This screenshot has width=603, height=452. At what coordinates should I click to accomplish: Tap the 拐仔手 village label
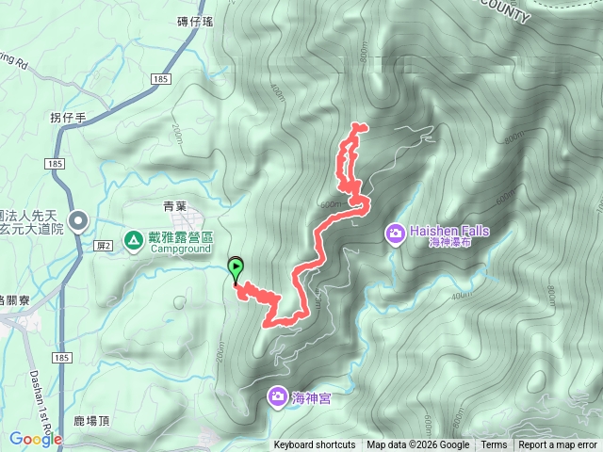(68, 118)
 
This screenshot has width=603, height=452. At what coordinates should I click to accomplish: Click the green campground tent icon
(134, 241)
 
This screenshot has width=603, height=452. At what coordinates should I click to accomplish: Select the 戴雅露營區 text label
(182, 238)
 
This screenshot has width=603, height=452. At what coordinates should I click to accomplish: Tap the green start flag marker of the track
(235, 267)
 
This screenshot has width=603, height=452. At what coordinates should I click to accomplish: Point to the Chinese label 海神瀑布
(449, 243)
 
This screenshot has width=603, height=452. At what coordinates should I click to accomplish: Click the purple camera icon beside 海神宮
(278, 396)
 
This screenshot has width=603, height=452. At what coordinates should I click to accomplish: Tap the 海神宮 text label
(311, 397)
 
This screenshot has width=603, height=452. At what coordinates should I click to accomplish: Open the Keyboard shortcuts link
(315, 445)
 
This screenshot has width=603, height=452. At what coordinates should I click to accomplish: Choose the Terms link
(494, 445)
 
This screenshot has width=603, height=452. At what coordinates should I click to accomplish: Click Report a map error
(558, 445)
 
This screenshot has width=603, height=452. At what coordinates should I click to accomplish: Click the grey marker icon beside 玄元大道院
(79, 221)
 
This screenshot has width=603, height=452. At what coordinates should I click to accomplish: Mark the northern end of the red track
(356, 126)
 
